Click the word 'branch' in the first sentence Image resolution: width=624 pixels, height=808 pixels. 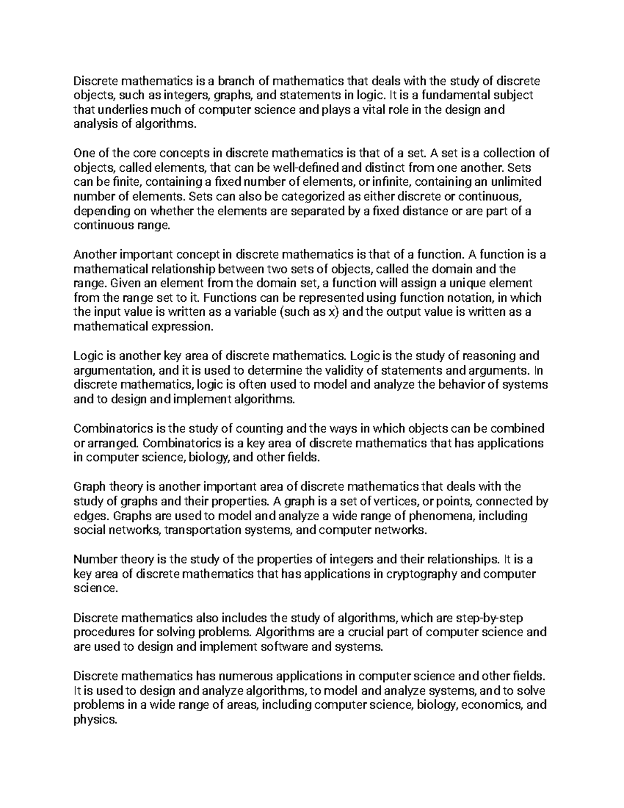click(236, 81)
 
